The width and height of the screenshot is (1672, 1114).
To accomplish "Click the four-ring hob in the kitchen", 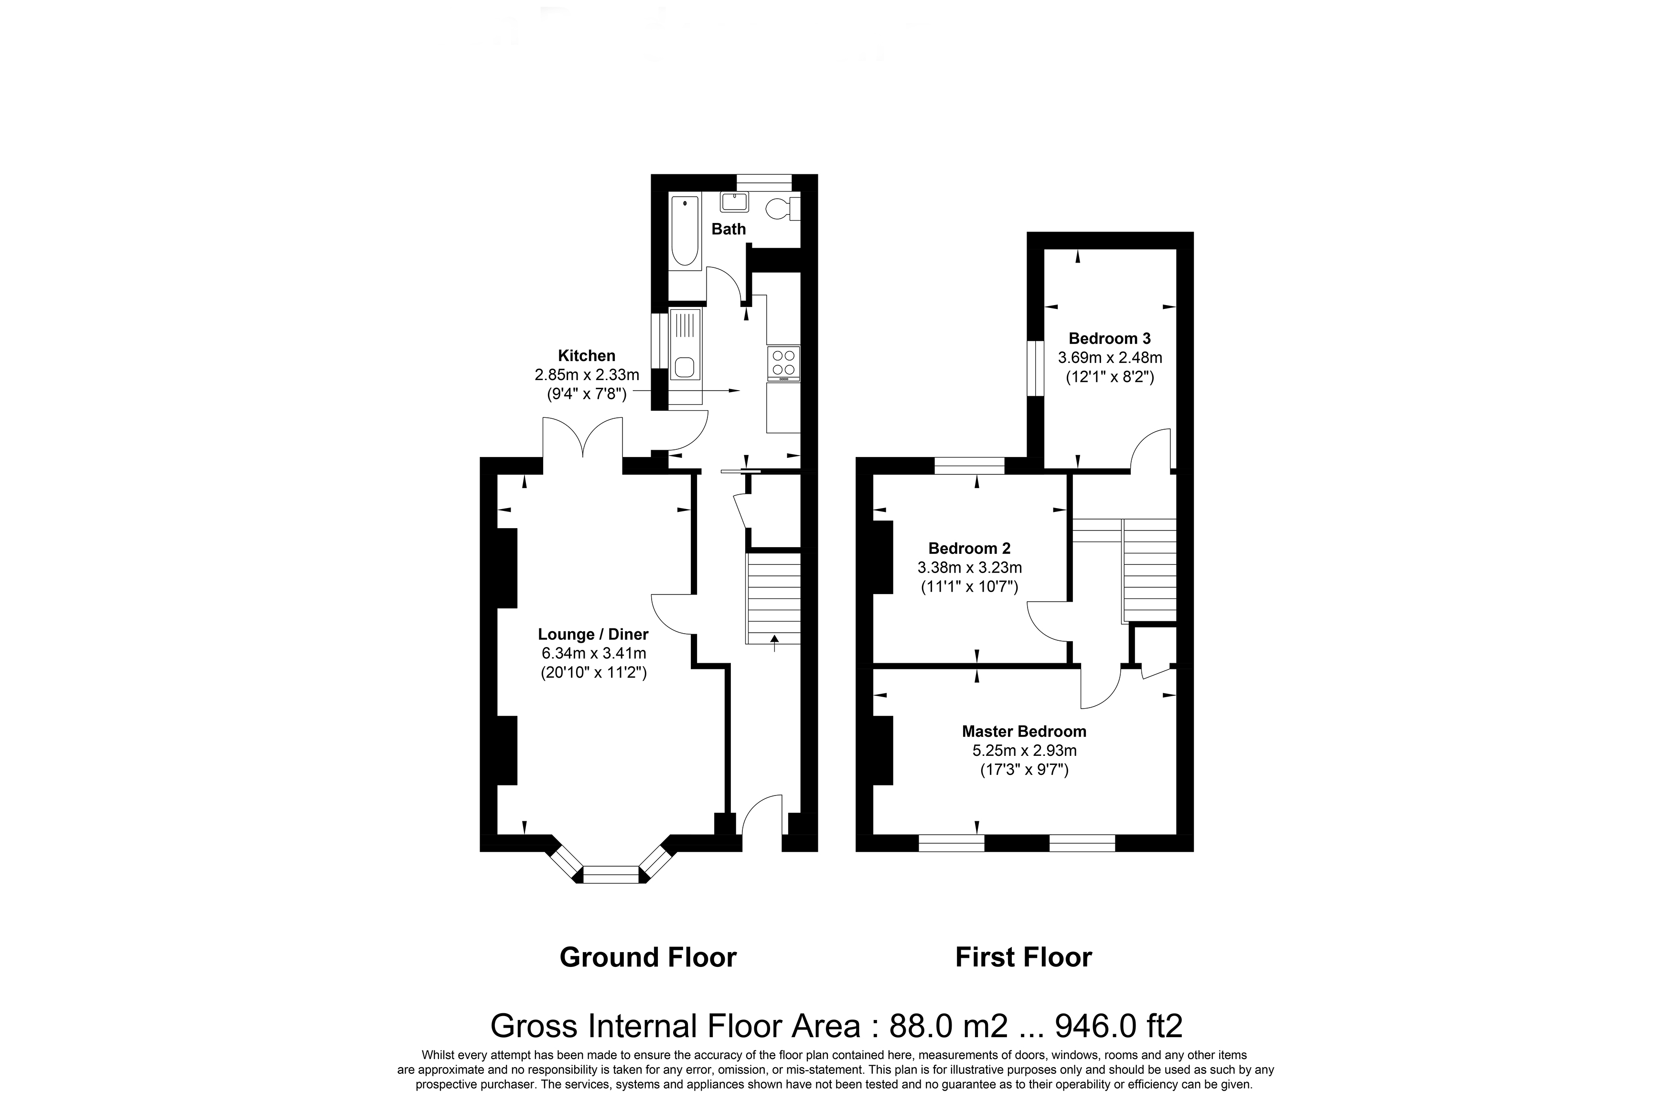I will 783,362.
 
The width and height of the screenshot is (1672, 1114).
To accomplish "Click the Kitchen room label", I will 586,356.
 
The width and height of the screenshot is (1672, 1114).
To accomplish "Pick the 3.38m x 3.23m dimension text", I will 969,568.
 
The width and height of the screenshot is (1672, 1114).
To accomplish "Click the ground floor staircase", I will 773,599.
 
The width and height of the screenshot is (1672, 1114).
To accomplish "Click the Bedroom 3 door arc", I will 1151,448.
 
